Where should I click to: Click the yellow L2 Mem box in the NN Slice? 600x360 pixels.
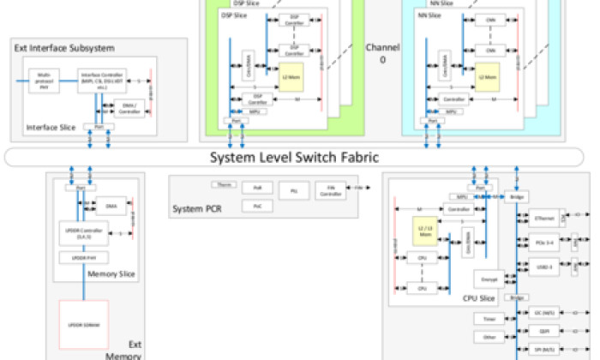(x=487, y=75)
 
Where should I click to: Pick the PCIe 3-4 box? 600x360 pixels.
(x=544, y=243)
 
